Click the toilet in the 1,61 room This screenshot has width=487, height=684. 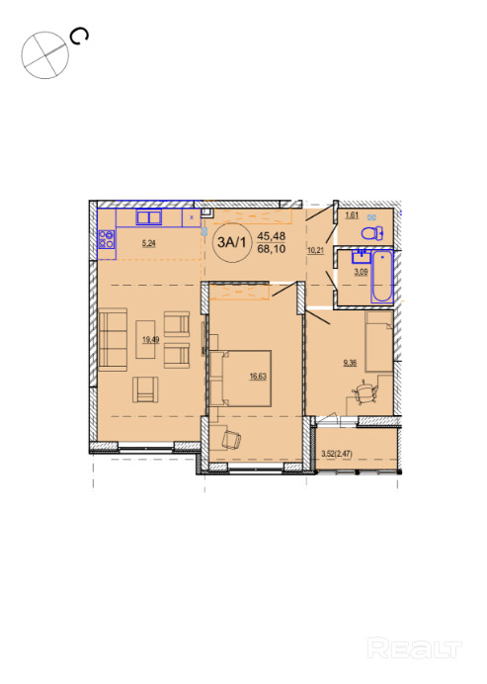pyautogui.click(x=371, y=233)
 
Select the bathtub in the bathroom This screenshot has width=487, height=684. pyautogui.click(x=382, y=277)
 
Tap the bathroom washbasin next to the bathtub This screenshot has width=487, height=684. pyautogui.click(x=361, y=256)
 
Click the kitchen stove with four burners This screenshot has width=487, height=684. pyautogui.click(x=107, y=239)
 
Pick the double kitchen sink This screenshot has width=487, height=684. pyautogui.click(x=149, y=217)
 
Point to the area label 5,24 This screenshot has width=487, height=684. pyautogui.click(x=149, y=243)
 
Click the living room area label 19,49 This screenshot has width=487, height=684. pyautogui.click(x=151, y=339)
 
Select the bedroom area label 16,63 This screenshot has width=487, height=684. pyautogui.click(x=258, y=376)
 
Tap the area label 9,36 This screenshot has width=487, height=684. pyautogui.click(x=350, y=362)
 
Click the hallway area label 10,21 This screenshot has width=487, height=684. pyautogui.click(x=316, y=250)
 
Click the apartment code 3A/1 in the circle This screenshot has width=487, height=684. pyautogui.click(x=231, y=242)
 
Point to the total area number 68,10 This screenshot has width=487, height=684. pyautogui.click(x=272, y=249)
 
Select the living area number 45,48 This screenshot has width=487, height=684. pyautogui.click(x=272, y=236)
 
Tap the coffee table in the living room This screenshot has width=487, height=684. pyautogui.click(x=145, y=339)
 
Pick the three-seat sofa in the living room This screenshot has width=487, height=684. pyautogui.click(x=113, y=339)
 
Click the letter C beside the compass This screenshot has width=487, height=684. pyautogui.click(x=80, y=37)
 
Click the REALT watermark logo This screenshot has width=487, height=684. pyautogui.click(x=414, y=648)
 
